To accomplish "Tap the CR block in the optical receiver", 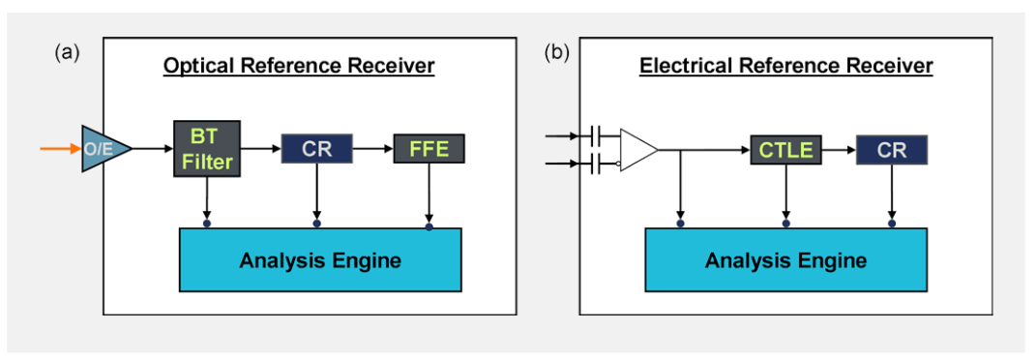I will click(x=316, y=149).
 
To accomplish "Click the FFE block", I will click(x=429, y=149).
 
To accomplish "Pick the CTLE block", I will click(x=784, y=150).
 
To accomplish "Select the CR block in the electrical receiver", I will click(x=891, y=150).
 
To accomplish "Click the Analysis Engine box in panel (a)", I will click(x=320, y=259).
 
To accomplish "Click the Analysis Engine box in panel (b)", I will click(x=785, y=259).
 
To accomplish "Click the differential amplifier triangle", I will click(x=636, y=150).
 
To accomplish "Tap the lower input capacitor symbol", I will click(x=595, y=164).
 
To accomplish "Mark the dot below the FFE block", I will click(x=429, y=226).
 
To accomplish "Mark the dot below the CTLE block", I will click(x=785, y=225).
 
